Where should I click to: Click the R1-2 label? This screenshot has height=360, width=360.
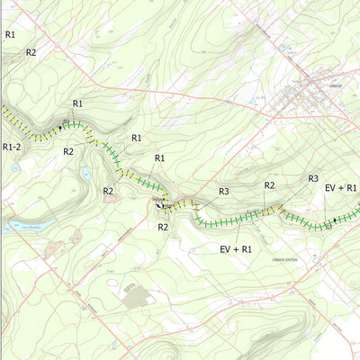[12, 147]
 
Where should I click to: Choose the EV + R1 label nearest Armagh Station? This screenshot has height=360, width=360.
[235, 247]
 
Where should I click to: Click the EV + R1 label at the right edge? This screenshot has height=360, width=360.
[341, 187]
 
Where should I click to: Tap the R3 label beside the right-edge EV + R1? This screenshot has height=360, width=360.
[313, 178]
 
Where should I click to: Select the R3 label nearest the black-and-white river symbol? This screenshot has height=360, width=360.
[224, 192]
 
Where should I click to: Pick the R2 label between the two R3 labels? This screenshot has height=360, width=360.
[269, 184]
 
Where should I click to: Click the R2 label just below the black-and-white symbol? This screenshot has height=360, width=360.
[163, 227]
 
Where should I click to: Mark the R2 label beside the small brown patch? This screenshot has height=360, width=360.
[108, 191]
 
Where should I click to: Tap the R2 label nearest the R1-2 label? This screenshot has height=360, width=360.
[67, 151]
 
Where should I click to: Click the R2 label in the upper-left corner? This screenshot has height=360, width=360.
[31, 52]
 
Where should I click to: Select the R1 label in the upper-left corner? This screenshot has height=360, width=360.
[11, 34]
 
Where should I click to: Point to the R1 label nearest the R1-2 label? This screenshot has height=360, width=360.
[77, 104]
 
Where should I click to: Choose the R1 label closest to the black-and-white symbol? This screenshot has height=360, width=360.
[159, 158]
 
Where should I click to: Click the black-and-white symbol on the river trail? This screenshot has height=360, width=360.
[161, 204]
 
